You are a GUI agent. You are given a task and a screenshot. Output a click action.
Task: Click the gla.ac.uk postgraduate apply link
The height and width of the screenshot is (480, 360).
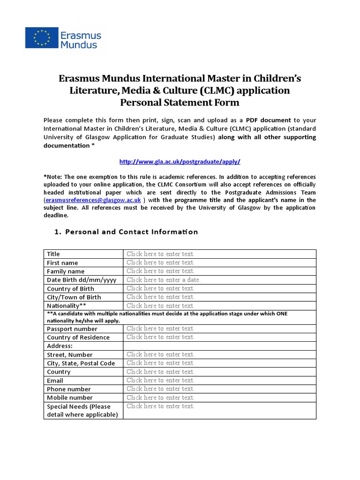coord(180,161)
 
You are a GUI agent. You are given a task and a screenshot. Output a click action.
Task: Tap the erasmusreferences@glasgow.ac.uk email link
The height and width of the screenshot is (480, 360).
coord(93,200)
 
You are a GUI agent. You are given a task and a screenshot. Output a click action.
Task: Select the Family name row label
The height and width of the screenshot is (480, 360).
coord(66,271)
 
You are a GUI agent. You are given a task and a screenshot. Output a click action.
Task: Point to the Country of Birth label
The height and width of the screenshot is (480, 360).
coord(70,289)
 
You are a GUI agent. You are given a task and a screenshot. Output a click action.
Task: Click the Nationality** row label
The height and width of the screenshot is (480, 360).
coord(67,306)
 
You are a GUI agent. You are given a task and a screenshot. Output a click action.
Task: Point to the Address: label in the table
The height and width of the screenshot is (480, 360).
coord(60,346)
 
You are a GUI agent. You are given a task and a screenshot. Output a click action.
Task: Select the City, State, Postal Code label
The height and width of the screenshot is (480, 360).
coord(81,363)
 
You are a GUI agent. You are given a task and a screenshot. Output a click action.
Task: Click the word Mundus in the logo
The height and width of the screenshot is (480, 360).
coord(79,45)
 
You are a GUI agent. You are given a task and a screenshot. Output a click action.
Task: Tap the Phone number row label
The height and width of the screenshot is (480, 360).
coord(69,389)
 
